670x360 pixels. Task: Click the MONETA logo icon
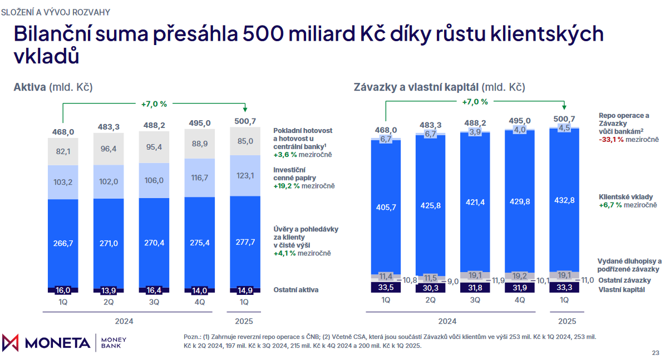(11, 343)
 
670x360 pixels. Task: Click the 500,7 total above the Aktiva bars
(245, 121)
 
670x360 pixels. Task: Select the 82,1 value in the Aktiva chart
(62, 151)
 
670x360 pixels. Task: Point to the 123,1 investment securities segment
(245, 176)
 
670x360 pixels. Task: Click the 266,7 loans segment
(62, 243)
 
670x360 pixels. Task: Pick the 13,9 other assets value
(108, 290)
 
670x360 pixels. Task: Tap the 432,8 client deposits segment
(564, 200)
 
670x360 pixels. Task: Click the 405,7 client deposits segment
(386, 206)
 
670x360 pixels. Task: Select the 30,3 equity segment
(430, 288)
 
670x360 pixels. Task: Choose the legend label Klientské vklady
(625, 197)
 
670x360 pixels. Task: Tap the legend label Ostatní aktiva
(296, 290)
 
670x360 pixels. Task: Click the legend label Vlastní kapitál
(622, 290)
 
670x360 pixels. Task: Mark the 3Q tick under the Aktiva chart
(154, 302)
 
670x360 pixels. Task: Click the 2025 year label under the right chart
(564, 321)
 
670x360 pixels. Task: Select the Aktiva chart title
(30, 87)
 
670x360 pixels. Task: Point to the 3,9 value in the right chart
(475, 132)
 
